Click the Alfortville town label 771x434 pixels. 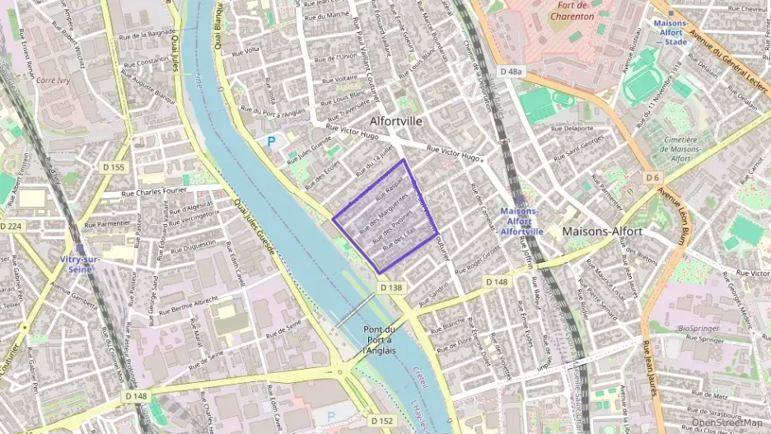pos(396,121)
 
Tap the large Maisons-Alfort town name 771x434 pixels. pos(602,231)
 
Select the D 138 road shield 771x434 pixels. pos(391,287)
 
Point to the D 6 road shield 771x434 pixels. pos(653,177)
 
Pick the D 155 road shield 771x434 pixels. pos(116,168)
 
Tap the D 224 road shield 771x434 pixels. pos(11,226)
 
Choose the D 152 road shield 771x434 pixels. pos(381,421)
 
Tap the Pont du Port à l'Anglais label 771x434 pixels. pos(379,339)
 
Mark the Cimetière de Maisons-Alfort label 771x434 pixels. pos(690,150)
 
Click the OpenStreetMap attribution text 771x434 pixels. pos(727,422)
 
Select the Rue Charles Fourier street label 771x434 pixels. pos(156,194)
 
